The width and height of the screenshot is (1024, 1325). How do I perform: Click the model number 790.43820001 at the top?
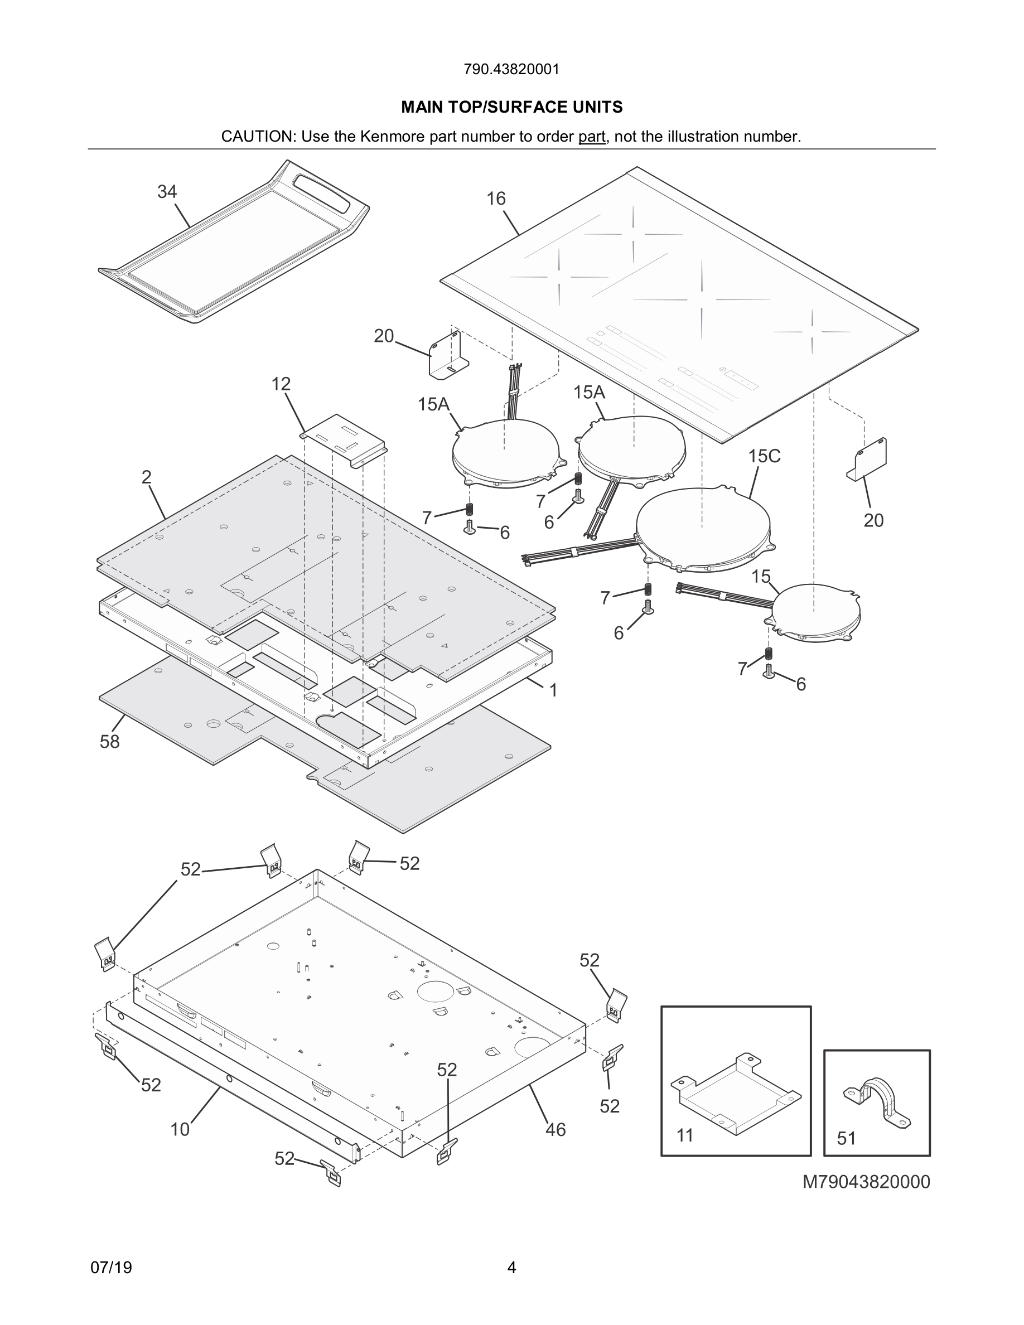[511, 69]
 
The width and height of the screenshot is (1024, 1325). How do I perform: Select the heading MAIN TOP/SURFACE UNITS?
[511, 108]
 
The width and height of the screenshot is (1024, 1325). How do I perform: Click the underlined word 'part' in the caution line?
[591, 137]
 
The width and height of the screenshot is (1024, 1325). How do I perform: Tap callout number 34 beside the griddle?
[167, 192]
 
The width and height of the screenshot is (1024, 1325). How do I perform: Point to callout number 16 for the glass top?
[496, 199]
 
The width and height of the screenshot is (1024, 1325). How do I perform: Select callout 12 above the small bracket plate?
[281, 384]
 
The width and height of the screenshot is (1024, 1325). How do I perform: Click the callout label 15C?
[764, 456]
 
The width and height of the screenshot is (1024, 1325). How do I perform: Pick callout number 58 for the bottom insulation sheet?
[110, 741]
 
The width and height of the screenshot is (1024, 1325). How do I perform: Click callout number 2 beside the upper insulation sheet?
[146, 477]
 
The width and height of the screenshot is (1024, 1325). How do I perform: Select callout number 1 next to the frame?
[553, 690]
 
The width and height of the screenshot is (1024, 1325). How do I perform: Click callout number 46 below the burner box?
[555, 1129]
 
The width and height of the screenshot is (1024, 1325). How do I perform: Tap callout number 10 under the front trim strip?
[180, 1129]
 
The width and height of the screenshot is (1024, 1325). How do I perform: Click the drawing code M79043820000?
[866, 1182]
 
